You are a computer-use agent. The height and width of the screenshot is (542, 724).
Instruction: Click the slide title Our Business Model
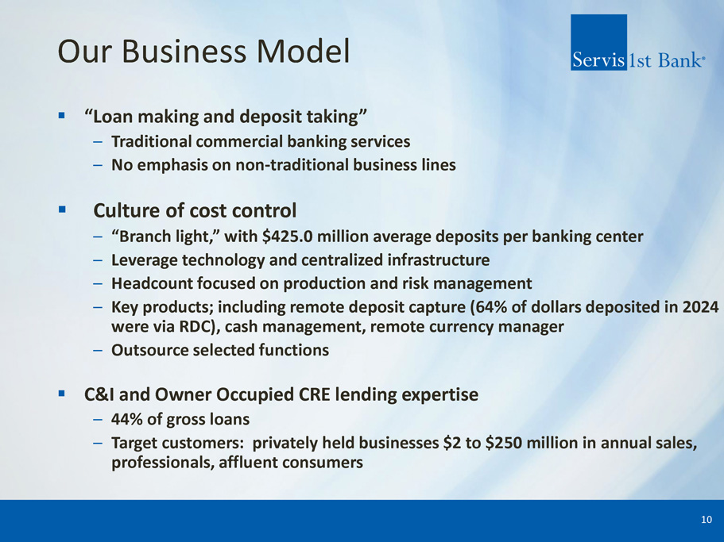pyautogui.click(x=203, y=51)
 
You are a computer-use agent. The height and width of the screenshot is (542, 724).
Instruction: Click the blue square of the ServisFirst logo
pyautogui.click(x=598, y=42)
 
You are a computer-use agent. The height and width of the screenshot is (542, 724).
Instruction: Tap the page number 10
pyautogui.click(x=707, y=520)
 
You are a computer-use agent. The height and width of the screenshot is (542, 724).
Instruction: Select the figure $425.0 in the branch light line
pyautogui.click(x=287, y=236)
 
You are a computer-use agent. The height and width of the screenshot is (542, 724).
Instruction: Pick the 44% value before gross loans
pyautogui.click(x=126, y=420)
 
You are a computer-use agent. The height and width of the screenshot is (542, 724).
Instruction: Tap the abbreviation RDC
pyautogui.click(x=196, y=327)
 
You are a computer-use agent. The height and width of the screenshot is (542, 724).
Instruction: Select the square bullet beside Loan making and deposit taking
pyautogui.click(x=61, y=115)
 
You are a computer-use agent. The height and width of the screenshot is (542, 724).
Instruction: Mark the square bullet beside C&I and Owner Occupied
pyautogui.click(x=61, y=394)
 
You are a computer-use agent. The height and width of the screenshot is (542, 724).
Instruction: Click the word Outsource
pyautogui.click(x=149, y=350)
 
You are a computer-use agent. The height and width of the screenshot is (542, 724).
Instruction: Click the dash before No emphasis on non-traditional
pyautogui.click(x=98, y=166)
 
